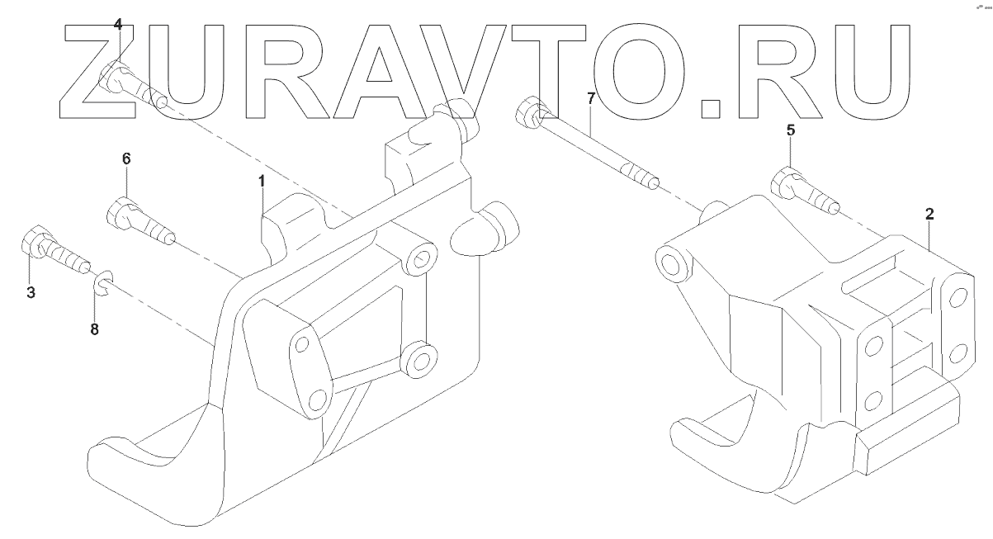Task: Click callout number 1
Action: pyautogui.click(x=262, y=181)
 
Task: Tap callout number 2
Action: pyautogui.click(x=929, y=214)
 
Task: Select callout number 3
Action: pyautogui.click(x=31, y=292)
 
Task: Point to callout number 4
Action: pyautogui.click(x=117, y=26)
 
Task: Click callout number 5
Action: pyautogui.click(x=790, y=130)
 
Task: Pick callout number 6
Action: pyautogui.click(x=126, y=158)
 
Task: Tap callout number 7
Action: pyautogui.click(x=590, y=98)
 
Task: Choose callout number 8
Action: pyautogui.click(x=94, y=329)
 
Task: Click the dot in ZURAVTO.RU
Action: pyautogui.click(x=709, y=106)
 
